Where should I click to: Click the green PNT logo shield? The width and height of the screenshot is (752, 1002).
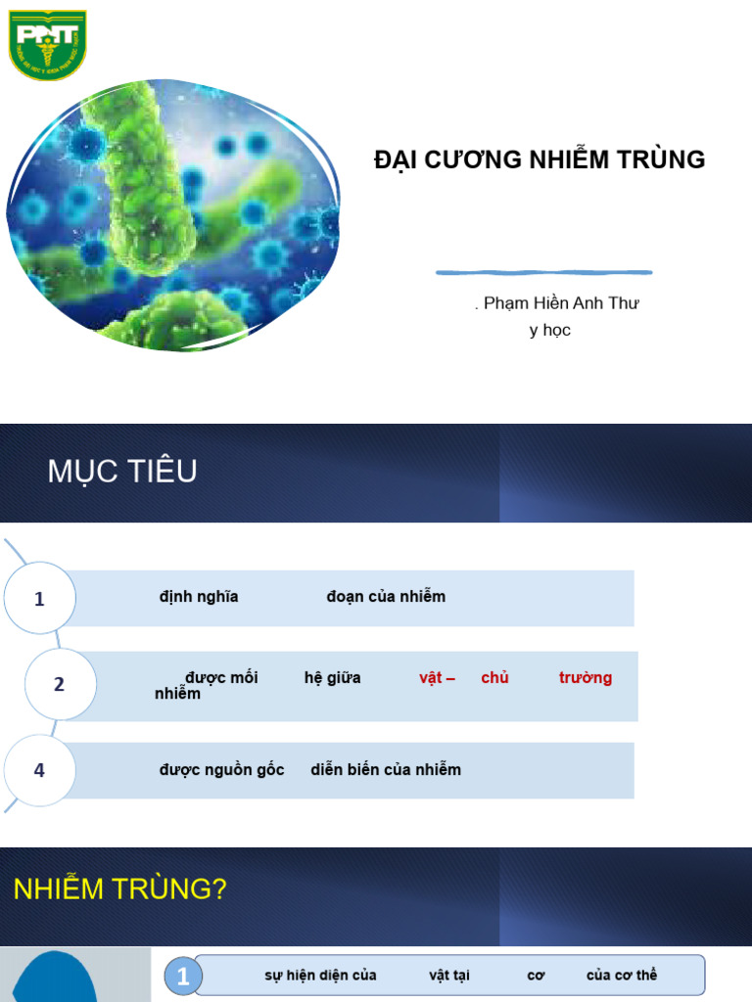(x=47, y=44)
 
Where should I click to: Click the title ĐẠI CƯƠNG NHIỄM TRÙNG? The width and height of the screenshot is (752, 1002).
(x=540, y=160)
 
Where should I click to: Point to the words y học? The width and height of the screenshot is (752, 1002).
(x=549, y=331)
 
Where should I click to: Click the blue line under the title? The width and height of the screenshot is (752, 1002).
(x=543, y=272)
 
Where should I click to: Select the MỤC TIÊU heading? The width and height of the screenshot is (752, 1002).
(x=122, y=472)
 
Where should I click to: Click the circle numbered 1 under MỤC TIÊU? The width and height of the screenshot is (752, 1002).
(x=39, y=599)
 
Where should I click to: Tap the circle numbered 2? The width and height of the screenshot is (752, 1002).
(x=60, y=684)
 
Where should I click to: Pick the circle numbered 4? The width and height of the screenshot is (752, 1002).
(x=39, y=770)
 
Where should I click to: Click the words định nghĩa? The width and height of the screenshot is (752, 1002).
(x=199, y=597)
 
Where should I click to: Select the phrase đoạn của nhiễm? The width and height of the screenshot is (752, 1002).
(x=386, y=597)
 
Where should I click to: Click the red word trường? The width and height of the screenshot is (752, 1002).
(x=586, y=678)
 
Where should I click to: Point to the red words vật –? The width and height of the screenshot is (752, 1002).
(x=437, y=678)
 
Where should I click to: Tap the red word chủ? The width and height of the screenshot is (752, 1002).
(x=494, y=678)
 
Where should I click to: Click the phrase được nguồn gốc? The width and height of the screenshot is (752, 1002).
(x=222, y=770)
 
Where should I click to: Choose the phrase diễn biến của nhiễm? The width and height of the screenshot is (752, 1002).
(x=386, y=770)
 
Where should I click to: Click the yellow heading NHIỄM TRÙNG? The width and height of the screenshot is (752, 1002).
(x=120, y=889)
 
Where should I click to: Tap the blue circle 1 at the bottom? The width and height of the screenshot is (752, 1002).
(x=182, y=976)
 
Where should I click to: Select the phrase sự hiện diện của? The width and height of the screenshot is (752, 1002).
(x=320, y=976)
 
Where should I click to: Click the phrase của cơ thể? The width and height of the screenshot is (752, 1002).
(x=622, y=976)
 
